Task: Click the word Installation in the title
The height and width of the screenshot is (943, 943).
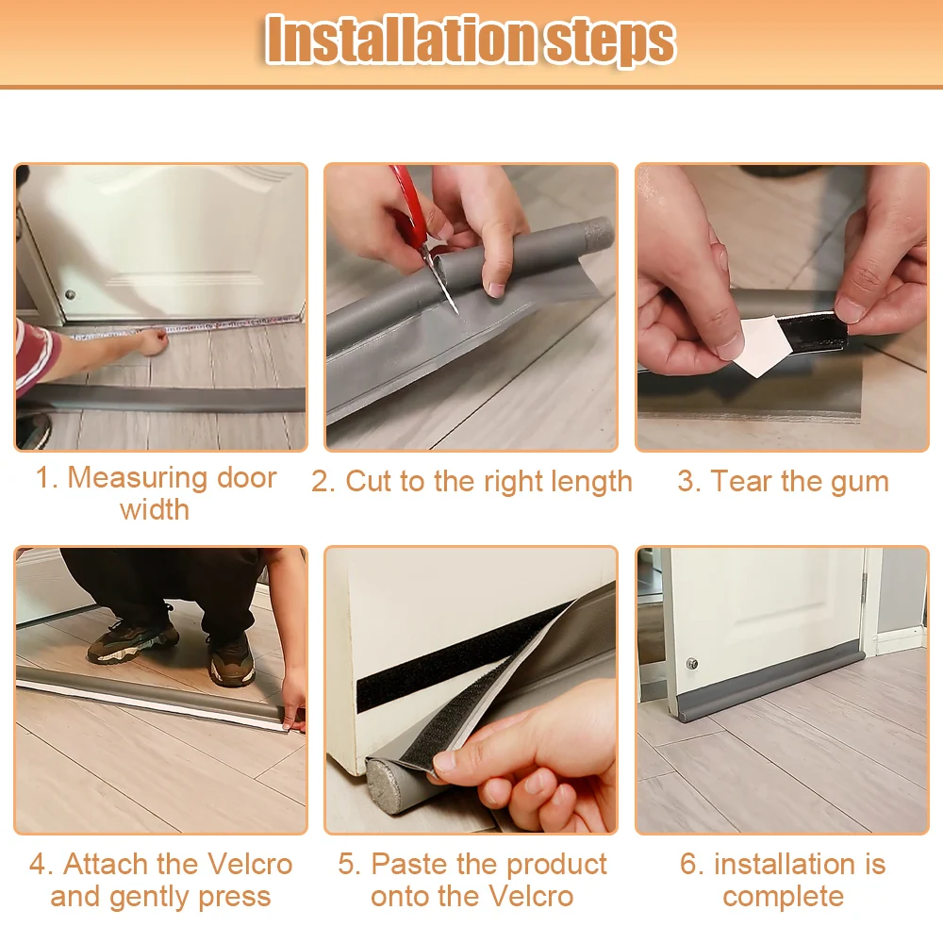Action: point(399,40)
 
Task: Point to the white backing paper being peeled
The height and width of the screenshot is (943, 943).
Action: point(761,344)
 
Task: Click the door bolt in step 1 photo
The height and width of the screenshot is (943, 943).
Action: point(71,294)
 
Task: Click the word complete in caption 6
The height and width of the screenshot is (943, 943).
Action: point(783,898)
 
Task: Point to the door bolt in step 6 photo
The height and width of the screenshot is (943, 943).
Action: point(692,664)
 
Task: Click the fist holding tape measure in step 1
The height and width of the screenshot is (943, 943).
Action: point(153,341)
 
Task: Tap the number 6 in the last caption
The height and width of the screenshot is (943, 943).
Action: point(688,864)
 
